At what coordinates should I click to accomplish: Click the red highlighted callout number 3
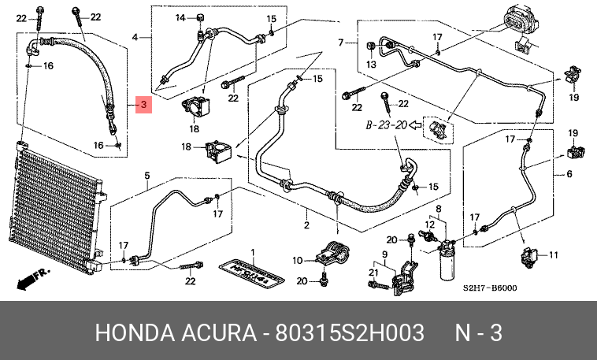[143, 104]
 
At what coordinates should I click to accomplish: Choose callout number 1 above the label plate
[253, 252]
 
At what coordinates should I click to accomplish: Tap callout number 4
[135, 37]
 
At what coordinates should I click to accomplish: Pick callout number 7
[342, 42]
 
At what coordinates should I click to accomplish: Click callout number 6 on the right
[569, 174]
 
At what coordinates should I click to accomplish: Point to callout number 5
[146, 174]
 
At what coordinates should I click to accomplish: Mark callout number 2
[307, 225]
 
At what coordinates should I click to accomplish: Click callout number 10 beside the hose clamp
[298, 260]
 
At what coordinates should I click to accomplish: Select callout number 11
[553, 254]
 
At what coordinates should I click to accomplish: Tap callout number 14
[180, 17]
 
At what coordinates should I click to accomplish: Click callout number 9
[385, 253]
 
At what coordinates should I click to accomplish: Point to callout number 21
[374, 272]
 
